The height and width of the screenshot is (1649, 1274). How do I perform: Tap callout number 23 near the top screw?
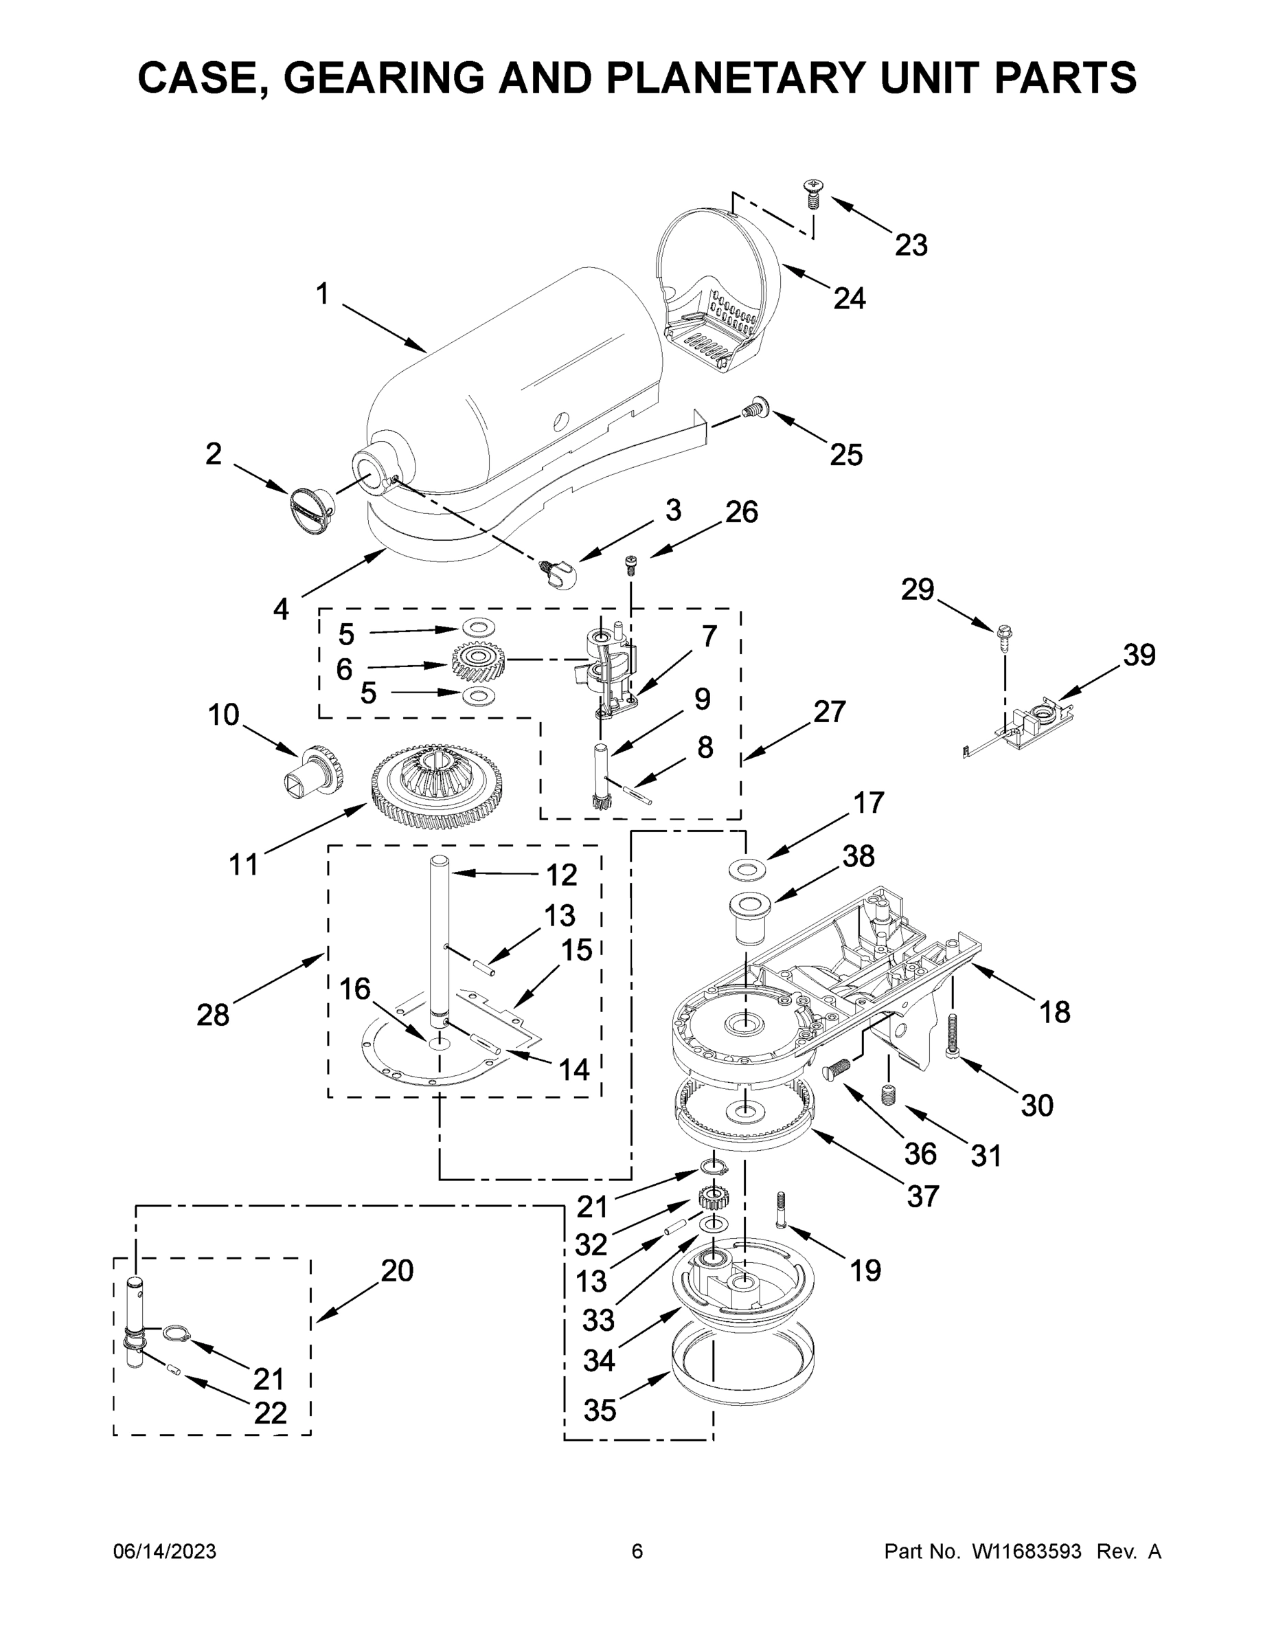coord(910,245)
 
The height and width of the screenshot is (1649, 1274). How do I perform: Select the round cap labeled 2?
coord(312,511)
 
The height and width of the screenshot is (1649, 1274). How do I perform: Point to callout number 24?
coord(849,299)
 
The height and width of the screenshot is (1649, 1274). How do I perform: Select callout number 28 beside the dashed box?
coord(212,1015)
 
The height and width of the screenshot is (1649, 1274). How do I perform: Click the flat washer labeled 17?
coord(747,870)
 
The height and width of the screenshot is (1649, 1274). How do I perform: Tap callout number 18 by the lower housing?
coord(1054,1012)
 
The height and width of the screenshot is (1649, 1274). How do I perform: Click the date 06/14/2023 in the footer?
coord(165,1551)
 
